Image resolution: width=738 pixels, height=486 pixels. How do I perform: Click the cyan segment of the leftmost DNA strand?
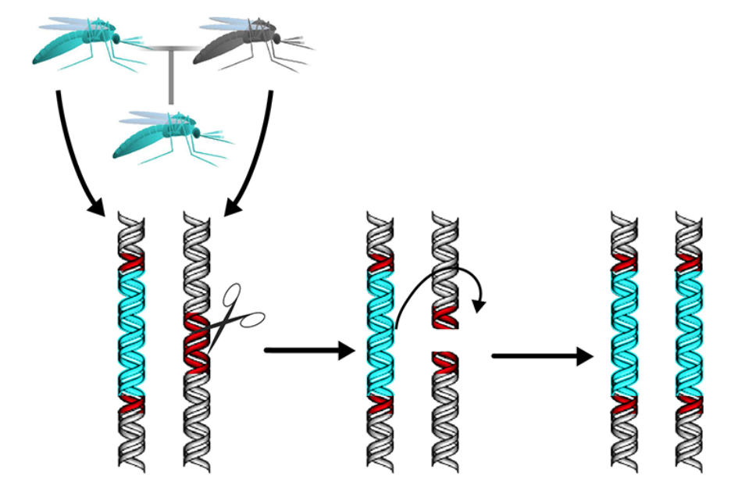point(132,332)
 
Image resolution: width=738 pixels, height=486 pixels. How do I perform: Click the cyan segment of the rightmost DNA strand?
point(690,332)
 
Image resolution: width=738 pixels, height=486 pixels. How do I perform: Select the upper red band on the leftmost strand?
point(132,262)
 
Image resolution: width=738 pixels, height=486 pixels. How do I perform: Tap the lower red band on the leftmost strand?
point(132,404)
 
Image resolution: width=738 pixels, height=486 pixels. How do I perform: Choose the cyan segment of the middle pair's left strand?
point(380,332)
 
